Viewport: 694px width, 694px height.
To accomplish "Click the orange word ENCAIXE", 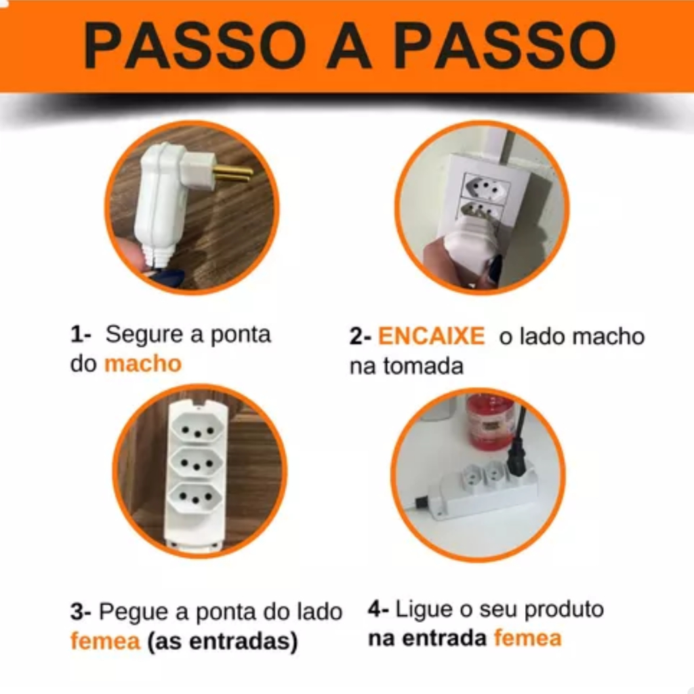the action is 431,336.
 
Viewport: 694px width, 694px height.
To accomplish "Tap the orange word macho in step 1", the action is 143,364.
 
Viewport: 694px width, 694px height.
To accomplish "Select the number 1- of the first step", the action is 81,334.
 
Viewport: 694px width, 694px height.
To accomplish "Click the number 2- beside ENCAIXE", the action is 360,336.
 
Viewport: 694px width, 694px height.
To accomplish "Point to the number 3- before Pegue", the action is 81,612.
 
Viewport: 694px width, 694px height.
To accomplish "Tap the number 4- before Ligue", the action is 378,609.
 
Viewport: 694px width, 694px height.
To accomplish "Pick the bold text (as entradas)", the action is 222,642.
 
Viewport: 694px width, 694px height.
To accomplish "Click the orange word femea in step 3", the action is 105,641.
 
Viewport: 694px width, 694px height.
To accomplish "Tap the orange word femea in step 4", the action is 527,638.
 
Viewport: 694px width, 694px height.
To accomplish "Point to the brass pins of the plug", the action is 233,173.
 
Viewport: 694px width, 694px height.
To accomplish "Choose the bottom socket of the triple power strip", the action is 196,498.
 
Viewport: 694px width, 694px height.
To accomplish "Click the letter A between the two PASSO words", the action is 348,47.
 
